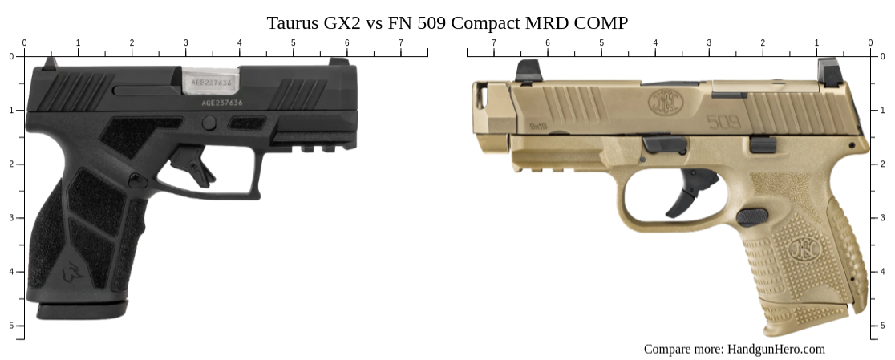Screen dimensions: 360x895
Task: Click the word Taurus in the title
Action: pos(291,22)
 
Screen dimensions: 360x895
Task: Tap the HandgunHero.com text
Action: pos(776,349)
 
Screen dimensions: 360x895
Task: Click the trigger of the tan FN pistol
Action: pos(690,193)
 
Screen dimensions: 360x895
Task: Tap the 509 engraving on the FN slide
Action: pos(723,123)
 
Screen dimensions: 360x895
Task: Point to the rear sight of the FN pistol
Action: pos(828,71)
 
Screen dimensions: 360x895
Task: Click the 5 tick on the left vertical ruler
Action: pos(20,326)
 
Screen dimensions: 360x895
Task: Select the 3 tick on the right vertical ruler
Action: pos(875,218)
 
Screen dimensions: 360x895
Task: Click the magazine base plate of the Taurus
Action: pos(80,309)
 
